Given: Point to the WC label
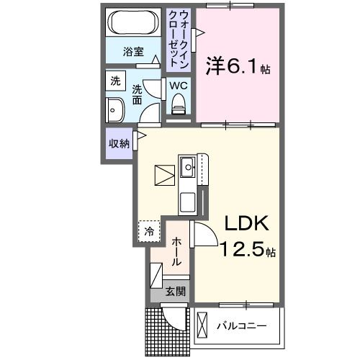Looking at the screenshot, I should tap(179, 86).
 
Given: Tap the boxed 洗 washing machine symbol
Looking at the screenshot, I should tap(116, 81).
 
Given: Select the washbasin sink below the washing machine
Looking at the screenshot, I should tap(115, 111).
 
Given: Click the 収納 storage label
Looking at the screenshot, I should tap(120, 143).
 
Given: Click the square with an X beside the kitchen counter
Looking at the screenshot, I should tap(164, 175).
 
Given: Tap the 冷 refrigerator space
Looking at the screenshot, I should tap(149, 231).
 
